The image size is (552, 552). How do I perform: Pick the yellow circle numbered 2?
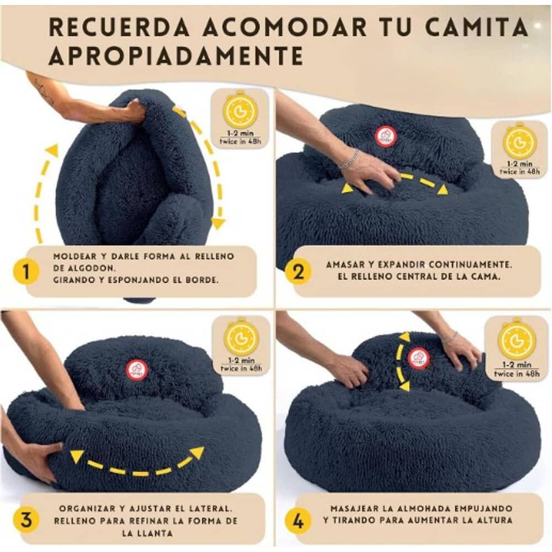(299, 272)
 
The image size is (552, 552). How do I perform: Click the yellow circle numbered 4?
(299, 519)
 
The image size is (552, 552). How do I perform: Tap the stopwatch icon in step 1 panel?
(241, 110)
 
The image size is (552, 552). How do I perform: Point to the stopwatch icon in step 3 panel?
(241, 337)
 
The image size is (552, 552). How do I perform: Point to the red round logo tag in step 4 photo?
(419, 358)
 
